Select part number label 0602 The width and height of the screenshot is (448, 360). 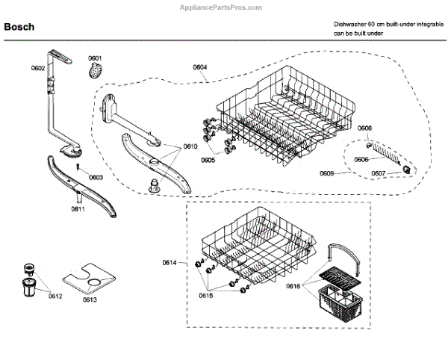pyautogui.click(x=38, y=69)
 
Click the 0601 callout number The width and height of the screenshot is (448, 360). pyautogui.click(x=95, y=58)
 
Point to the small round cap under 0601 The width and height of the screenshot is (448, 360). pyautogui.click(x=95, y=71)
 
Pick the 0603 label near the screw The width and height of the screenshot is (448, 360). pyautogui.click(x=95, y=177)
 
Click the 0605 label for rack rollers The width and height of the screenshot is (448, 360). pyautogui.click(x=208, y=160)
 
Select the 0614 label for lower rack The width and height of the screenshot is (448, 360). pyautogui.click(x=169, y=261)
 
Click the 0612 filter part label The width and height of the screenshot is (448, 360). pyautogui.click(x=55, y=297)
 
